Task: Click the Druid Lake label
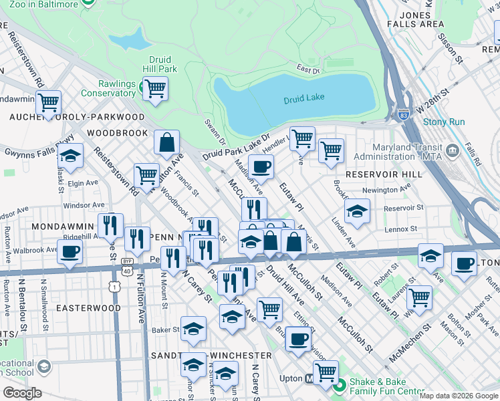click(303, 98)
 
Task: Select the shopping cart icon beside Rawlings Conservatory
click(155, 88)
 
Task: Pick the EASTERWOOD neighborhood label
click(88, 308)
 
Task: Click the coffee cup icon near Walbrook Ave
click(70, 251)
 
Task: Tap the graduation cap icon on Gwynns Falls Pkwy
click(70, 156)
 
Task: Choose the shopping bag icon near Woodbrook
click(166, 142)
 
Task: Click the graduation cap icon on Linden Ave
click(358, 212)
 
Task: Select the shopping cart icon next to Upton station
click(326, 372)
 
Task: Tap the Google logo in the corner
click(22, 393)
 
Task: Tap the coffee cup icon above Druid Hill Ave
click(261, 166)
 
